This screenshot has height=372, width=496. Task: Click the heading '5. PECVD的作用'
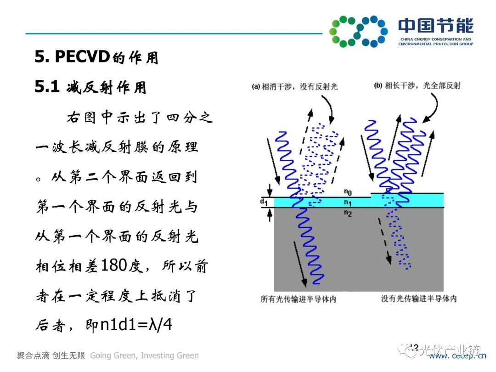tap(96, 57)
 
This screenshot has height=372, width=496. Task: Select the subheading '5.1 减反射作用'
tap(90, 87)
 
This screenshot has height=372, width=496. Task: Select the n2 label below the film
tap(348, 213)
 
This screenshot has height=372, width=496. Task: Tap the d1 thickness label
tap(263, 201)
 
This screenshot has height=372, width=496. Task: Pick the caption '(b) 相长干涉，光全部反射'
tap(417, 85)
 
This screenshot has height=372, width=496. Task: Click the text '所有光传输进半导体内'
tap(299, 299)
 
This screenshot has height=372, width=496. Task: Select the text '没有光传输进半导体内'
tap(419, 299)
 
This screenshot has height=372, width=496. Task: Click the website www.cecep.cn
tap(457, 356)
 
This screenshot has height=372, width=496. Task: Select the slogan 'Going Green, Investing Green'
tap(145, 355)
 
